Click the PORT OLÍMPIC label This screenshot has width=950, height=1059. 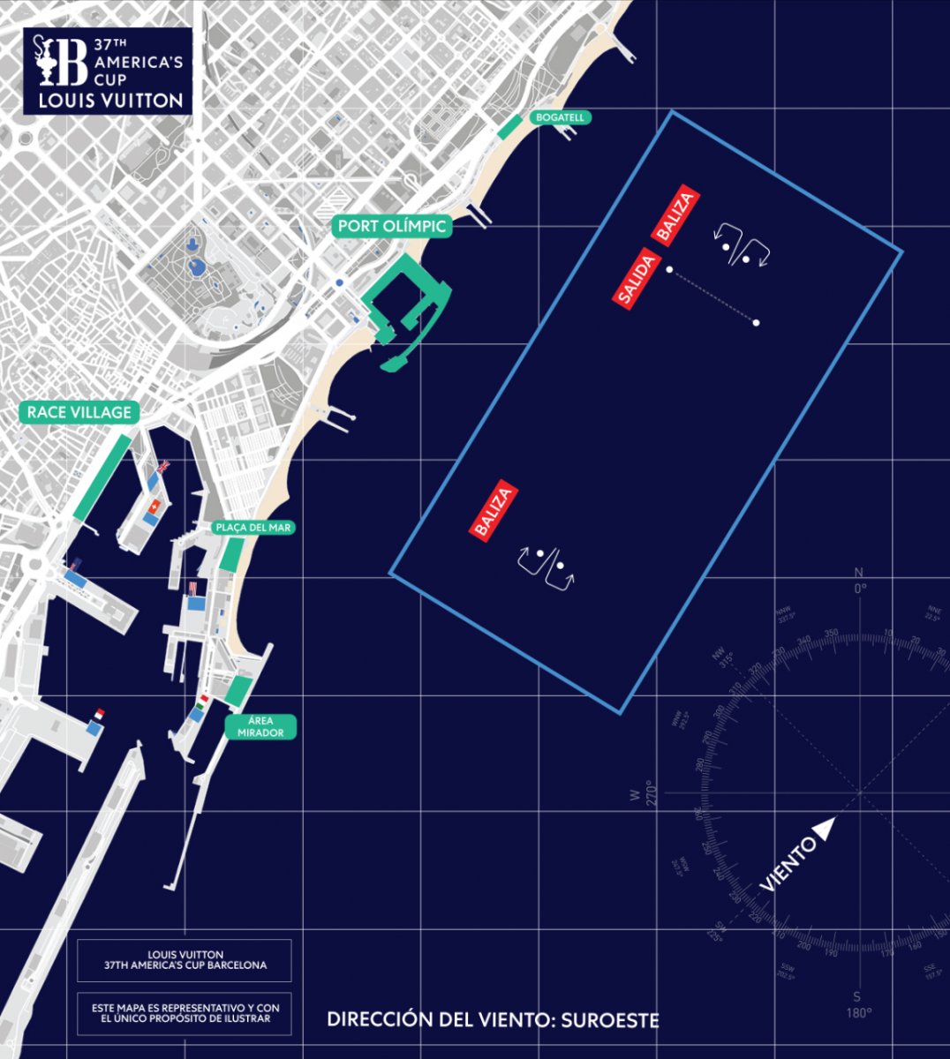pyautogui.click(x=393, y=227)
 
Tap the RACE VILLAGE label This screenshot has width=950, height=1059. pyautogui.click(x=79, y=412)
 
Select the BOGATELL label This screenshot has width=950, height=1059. pyautogui.click(x=560, y=117)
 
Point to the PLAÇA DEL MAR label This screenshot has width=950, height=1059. pyautogui.click(x=254, y=528)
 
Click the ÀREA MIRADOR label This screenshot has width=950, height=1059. pyautogui.click(x=260, y=727)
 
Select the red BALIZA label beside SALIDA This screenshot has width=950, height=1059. pyautogui.click(x=675, y=215)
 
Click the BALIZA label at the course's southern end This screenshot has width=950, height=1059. pyautogui.click(x=492, y=511)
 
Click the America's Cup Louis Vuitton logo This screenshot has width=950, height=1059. pyautogui.click(x=108, y=71)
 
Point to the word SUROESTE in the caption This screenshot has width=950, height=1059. pyautogui.click(x=609, y=1020)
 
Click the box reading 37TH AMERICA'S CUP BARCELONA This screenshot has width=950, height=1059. pyautogui.click(x=185, y=960)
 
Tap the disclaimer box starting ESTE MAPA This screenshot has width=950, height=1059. pyautogui.click(x=185, y=1013)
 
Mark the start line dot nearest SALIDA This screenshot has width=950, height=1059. pyautogui.click(x=670, y=269)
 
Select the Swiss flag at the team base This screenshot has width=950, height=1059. pyautogui.click(x=156, y=506)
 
